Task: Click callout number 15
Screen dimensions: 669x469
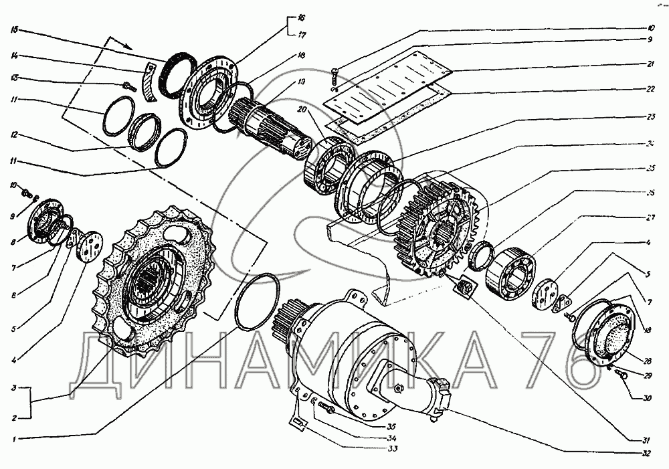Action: [15, 29]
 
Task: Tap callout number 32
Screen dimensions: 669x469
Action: [645, 452]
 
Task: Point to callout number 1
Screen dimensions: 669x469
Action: [15, 438]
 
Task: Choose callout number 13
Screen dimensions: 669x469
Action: [15, 78]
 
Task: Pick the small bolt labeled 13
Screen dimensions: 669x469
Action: [128, 86]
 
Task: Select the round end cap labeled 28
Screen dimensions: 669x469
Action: [609, 335]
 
